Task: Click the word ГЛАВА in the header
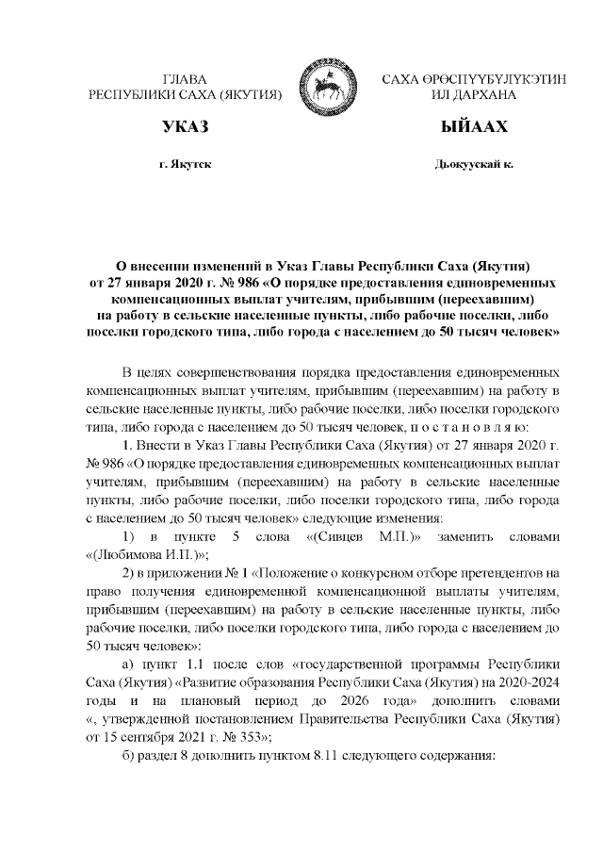(185, 79)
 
